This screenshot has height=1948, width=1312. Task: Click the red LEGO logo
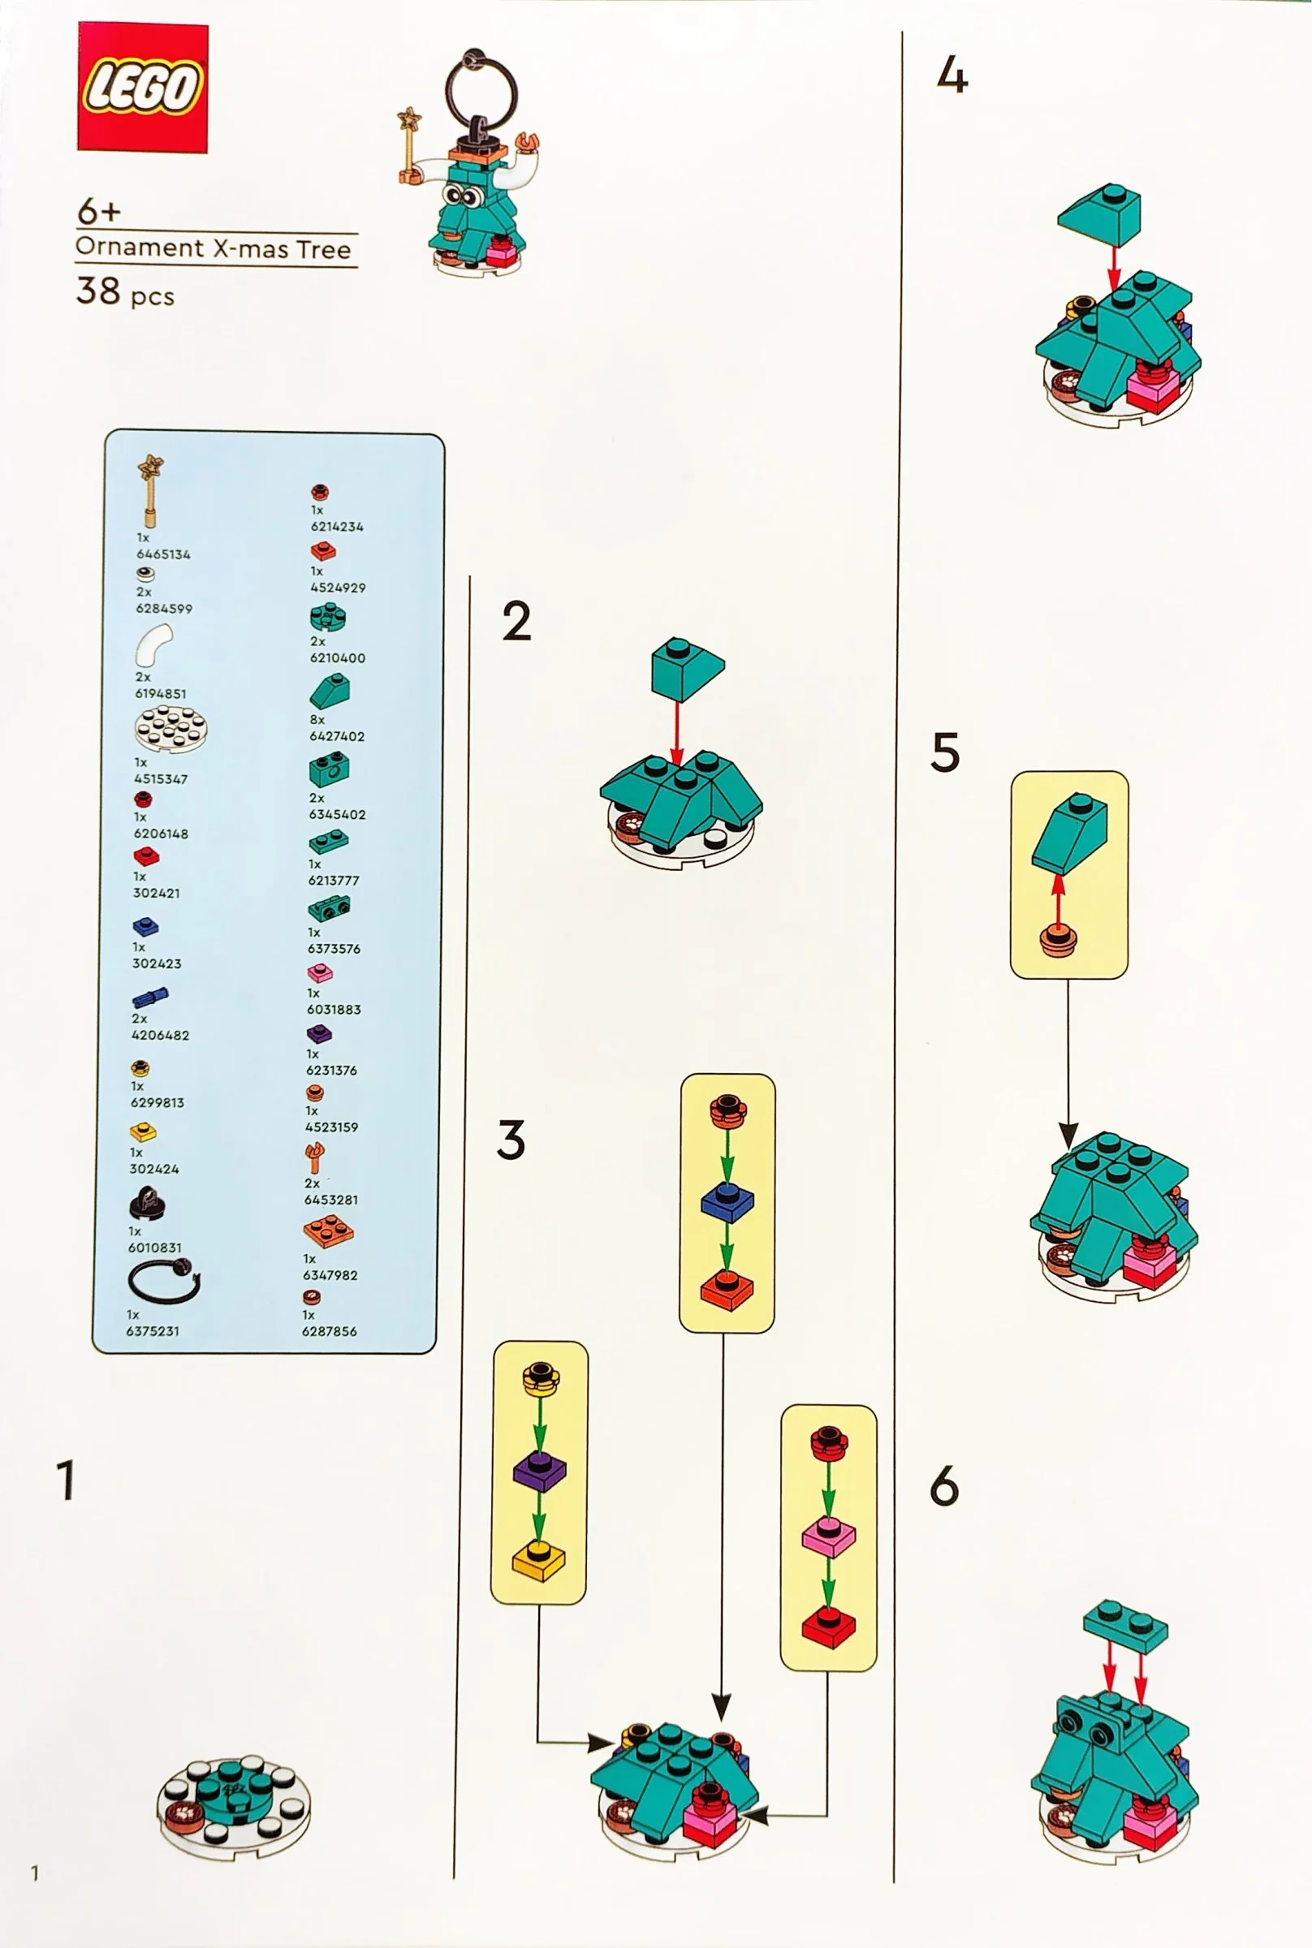pos(142,87)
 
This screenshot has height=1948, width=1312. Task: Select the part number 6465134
pos(163,554)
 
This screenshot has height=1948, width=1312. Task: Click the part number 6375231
pos(153,1331)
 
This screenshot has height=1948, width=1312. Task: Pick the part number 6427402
pos(337,736)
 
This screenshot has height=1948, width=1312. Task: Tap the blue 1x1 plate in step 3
pos(727,1201)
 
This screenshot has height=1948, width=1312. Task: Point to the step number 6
pos(944,1487)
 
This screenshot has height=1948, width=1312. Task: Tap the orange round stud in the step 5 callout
pos(1059,939)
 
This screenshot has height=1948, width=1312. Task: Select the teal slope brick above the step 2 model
pos(688,668)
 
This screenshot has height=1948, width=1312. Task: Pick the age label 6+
pos(99,211)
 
